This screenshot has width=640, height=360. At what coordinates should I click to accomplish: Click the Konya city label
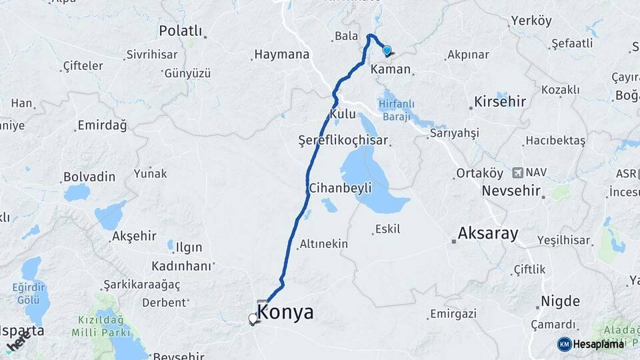click(285, 312)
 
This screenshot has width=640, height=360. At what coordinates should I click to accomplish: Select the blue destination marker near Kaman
click(386, 50)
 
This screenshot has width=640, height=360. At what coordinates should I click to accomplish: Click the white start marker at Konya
click(253, 319)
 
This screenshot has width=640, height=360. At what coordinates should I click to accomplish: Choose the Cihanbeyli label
click(340, 189)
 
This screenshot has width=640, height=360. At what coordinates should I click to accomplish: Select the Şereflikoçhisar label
click(344, 141)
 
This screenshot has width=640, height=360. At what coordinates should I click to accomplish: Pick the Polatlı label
click(181, 31)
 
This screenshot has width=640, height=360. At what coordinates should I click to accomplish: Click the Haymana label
click(282, 55)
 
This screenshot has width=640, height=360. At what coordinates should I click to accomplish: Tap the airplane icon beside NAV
click(517, 173)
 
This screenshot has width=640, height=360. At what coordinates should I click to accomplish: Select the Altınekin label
click(324, 244)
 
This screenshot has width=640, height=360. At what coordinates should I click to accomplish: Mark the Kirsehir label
click(500, 102)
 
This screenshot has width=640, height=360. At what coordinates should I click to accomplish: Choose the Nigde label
click(560, 301)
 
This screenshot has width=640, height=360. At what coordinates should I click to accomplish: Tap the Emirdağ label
click(102, 125)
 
